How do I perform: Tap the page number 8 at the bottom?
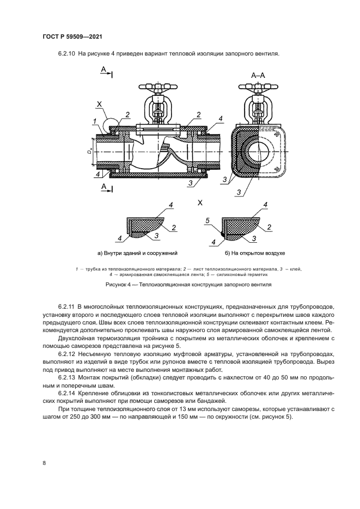[x=44, y=463]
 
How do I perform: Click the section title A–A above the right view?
[x=258, y=76]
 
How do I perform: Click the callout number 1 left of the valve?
[x=94, y=121]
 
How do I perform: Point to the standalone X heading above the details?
[x=199, y=203]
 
